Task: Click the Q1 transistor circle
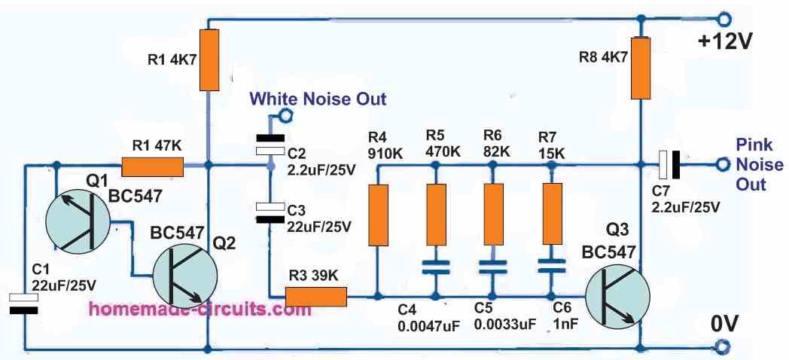click(x=76, y=221)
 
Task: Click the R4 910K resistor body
click(x=376, y=214)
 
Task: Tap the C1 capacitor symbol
click(x=25, y=303)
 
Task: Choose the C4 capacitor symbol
click(x=434, y=266)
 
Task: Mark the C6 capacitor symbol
click(x=551, y=266)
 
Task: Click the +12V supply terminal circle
click(x=724, y=19)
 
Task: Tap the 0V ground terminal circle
click(x=724, y=347)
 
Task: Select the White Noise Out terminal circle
click(x=285, y=116)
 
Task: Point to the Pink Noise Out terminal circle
click(x=724, y=164)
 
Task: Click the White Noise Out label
click(x=318, y=99)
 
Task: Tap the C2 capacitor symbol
click(x=269, y=145)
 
